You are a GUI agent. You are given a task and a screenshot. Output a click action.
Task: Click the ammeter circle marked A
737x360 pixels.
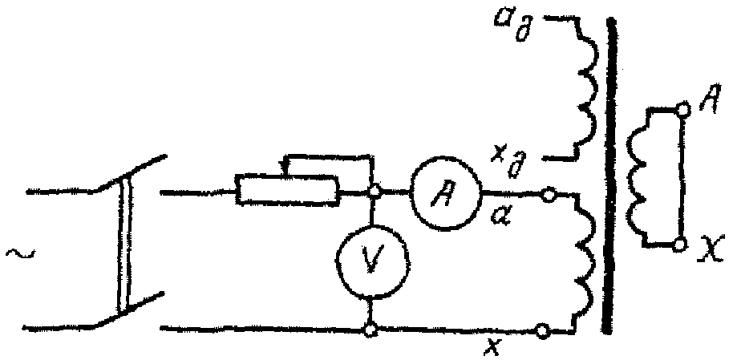446,193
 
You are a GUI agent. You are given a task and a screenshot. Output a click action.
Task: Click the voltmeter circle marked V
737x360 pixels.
370,261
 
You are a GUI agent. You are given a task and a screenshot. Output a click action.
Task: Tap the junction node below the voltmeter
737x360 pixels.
370,328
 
